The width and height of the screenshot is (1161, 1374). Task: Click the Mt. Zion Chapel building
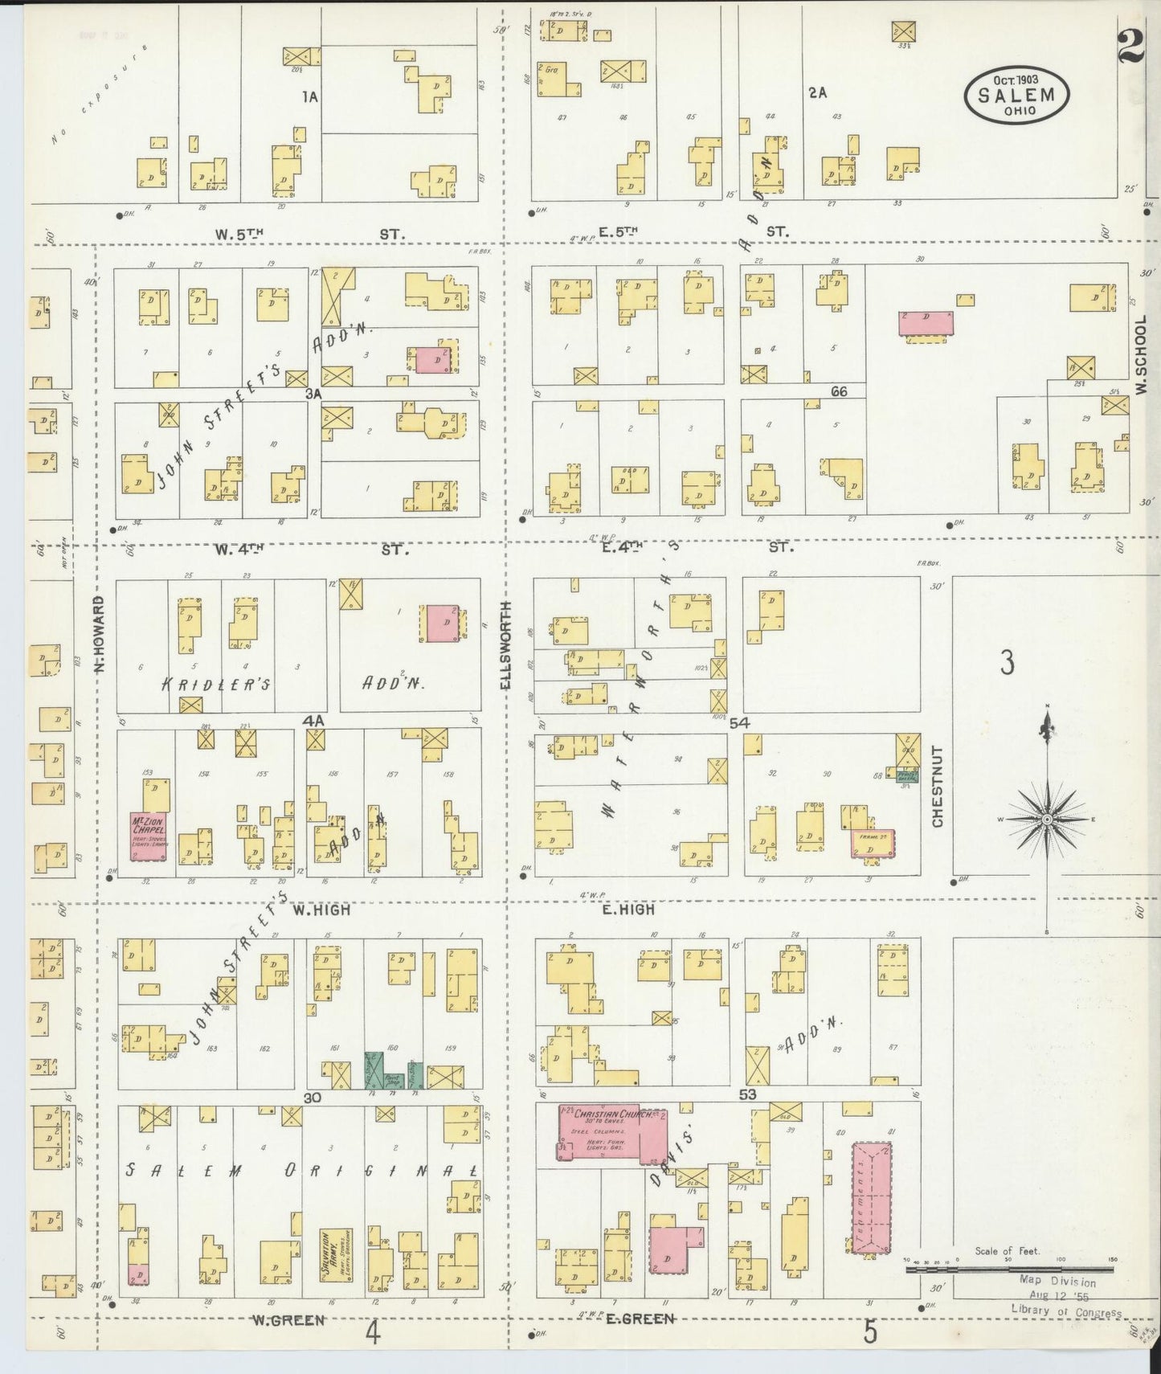coord(149,836)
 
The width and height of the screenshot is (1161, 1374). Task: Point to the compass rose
coord(1047,819)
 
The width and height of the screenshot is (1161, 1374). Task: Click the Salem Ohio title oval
coord(1016,95)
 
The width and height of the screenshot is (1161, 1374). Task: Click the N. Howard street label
coord(100,632)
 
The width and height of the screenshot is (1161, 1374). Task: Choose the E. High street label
coord(628,910)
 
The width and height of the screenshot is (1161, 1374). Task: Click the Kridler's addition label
coord(216,684)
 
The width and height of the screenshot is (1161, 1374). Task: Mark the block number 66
coord(840,392)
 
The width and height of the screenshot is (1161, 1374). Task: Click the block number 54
coord(739,723)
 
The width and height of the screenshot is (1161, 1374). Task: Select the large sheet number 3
coord(1007,662)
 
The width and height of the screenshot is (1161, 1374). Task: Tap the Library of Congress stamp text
coord(1065,1314)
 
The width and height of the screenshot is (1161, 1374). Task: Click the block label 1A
coord(310,96)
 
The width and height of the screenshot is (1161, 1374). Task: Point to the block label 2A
coord(817,92)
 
